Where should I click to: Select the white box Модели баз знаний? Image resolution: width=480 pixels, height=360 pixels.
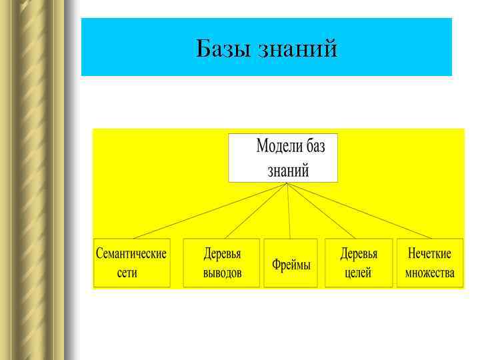click(x=283, y=158)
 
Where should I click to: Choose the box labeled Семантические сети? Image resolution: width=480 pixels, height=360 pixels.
click(x=131, y=263)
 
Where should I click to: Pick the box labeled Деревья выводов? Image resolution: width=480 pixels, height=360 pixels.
click(x=221, y=263)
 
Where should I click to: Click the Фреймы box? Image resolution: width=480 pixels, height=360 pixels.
click(x=291, y=264)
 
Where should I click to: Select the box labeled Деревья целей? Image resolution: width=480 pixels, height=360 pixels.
click(x=358, y=263)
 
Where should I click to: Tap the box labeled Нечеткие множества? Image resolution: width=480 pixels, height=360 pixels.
click(x=429, y=263)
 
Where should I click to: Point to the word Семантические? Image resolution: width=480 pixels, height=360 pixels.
click(x=131, y=254)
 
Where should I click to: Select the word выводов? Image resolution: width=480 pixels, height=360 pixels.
click(x=222, y=273)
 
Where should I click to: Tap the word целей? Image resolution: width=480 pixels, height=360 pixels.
click(x=358, y=273)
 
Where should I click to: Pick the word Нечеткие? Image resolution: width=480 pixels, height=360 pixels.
click(x=429, y=254)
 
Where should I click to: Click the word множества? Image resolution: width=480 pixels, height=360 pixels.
click(x=429, y=273)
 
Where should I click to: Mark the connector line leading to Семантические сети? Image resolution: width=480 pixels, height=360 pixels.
click(x=210, y=211)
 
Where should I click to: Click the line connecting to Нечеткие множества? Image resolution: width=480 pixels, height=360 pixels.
click(x=360, y=211)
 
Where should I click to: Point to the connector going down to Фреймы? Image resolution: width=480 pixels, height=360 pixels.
click(x=289, y=211)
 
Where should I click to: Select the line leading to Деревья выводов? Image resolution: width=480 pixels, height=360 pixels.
click(x=257, y=211)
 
